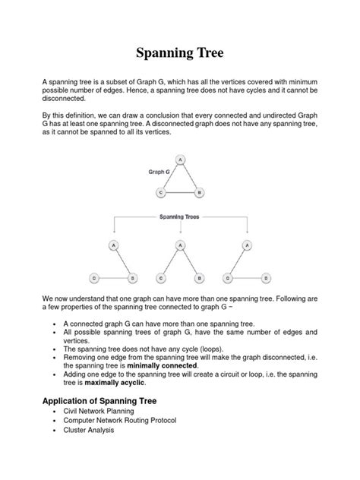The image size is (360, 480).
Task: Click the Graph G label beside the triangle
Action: tap(158, 172)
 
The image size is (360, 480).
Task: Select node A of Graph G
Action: tap(179, 159)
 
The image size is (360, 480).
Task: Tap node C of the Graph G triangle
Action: tap(161, 193)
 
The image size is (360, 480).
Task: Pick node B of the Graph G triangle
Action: tap(198, 193)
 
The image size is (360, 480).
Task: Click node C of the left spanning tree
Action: tap(93, 278)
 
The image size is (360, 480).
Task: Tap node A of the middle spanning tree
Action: tap(179, 245)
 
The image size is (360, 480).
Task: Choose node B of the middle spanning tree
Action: tap(198, 278)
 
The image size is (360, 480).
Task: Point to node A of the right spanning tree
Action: tap(246, 245)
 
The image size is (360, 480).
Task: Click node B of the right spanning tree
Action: tap(265, 278)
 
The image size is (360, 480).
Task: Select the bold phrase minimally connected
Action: tap(162, 365)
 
